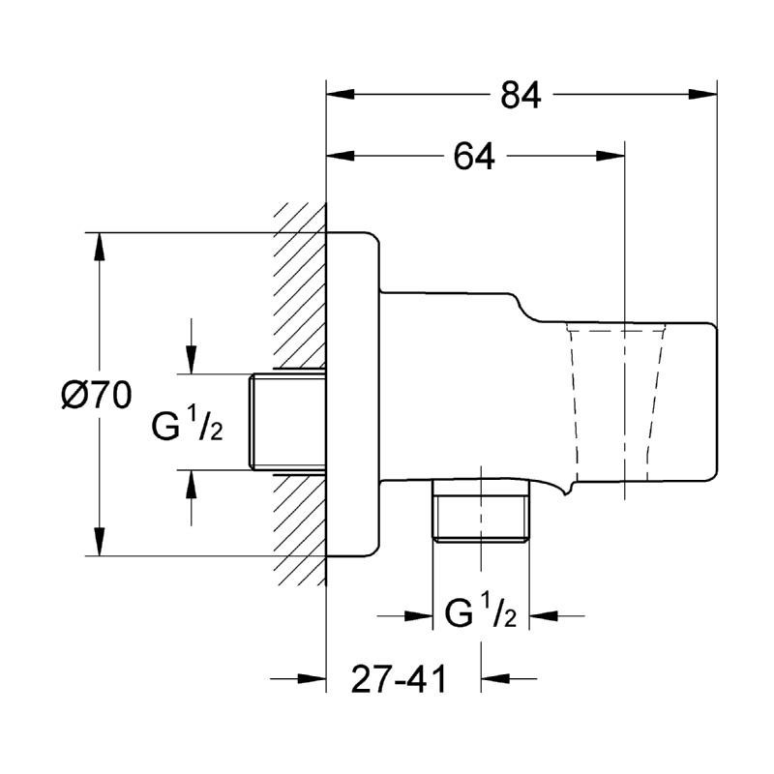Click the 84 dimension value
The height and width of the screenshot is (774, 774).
tap(521, 95)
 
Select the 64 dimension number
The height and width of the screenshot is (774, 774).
tap(474, 156)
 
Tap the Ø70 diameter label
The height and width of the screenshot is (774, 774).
tap(96, 396)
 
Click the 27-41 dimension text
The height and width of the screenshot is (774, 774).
tap(400, 680)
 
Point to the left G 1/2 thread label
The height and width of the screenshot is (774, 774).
tap(188, 423)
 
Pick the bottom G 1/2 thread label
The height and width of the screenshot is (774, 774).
tap(482, 614)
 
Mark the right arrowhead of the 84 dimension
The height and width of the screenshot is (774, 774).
tap(704, 94)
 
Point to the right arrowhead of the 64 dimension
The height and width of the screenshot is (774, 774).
tap(611, 155)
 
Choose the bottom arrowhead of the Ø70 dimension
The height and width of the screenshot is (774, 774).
tap(98, 544)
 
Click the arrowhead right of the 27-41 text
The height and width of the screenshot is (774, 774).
tap(493, 679)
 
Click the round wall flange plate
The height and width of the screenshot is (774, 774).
tap(353, 395)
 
